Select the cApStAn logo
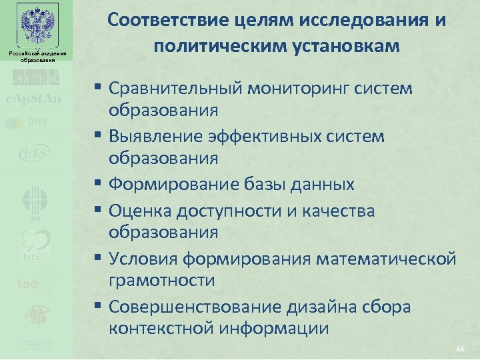(34, 99)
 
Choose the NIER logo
(35, 245)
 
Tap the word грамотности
(162, 281)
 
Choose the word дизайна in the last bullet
(312, 307)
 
